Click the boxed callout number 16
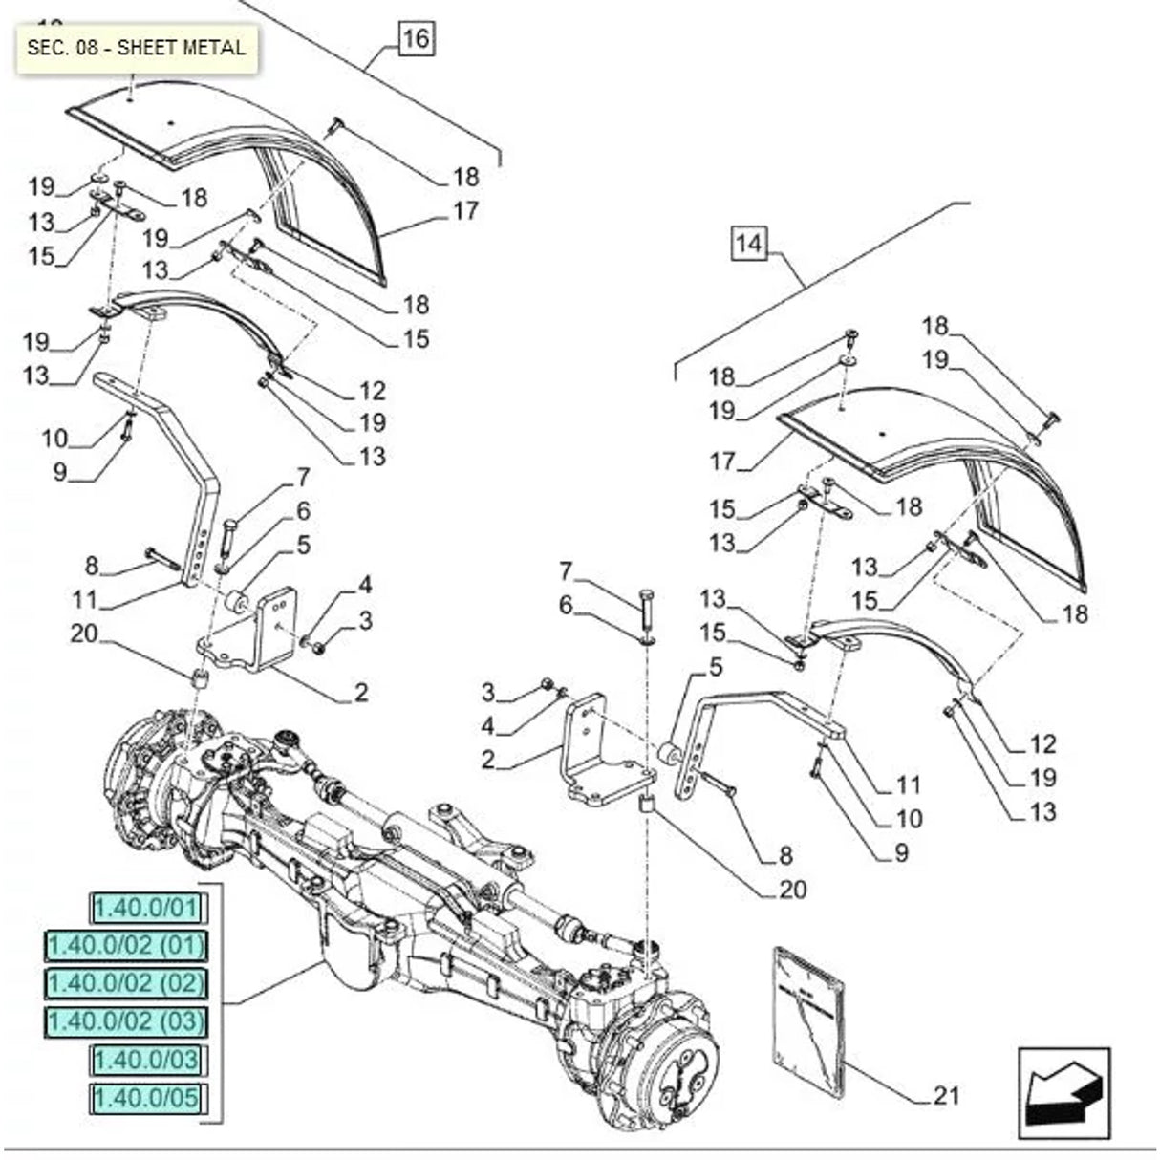tap(416, 39)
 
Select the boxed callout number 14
tap(749, 244)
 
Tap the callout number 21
tap(945, 1095)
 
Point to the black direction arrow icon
tap(1063, 1098)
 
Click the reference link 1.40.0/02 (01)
tap(126, 946)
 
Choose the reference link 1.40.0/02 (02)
tap(126, 983)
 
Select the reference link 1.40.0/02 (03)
tap(126, 1021)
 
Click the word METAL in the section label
tap(215, 47)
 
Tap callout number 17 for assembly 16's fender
tap(465, 210)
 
